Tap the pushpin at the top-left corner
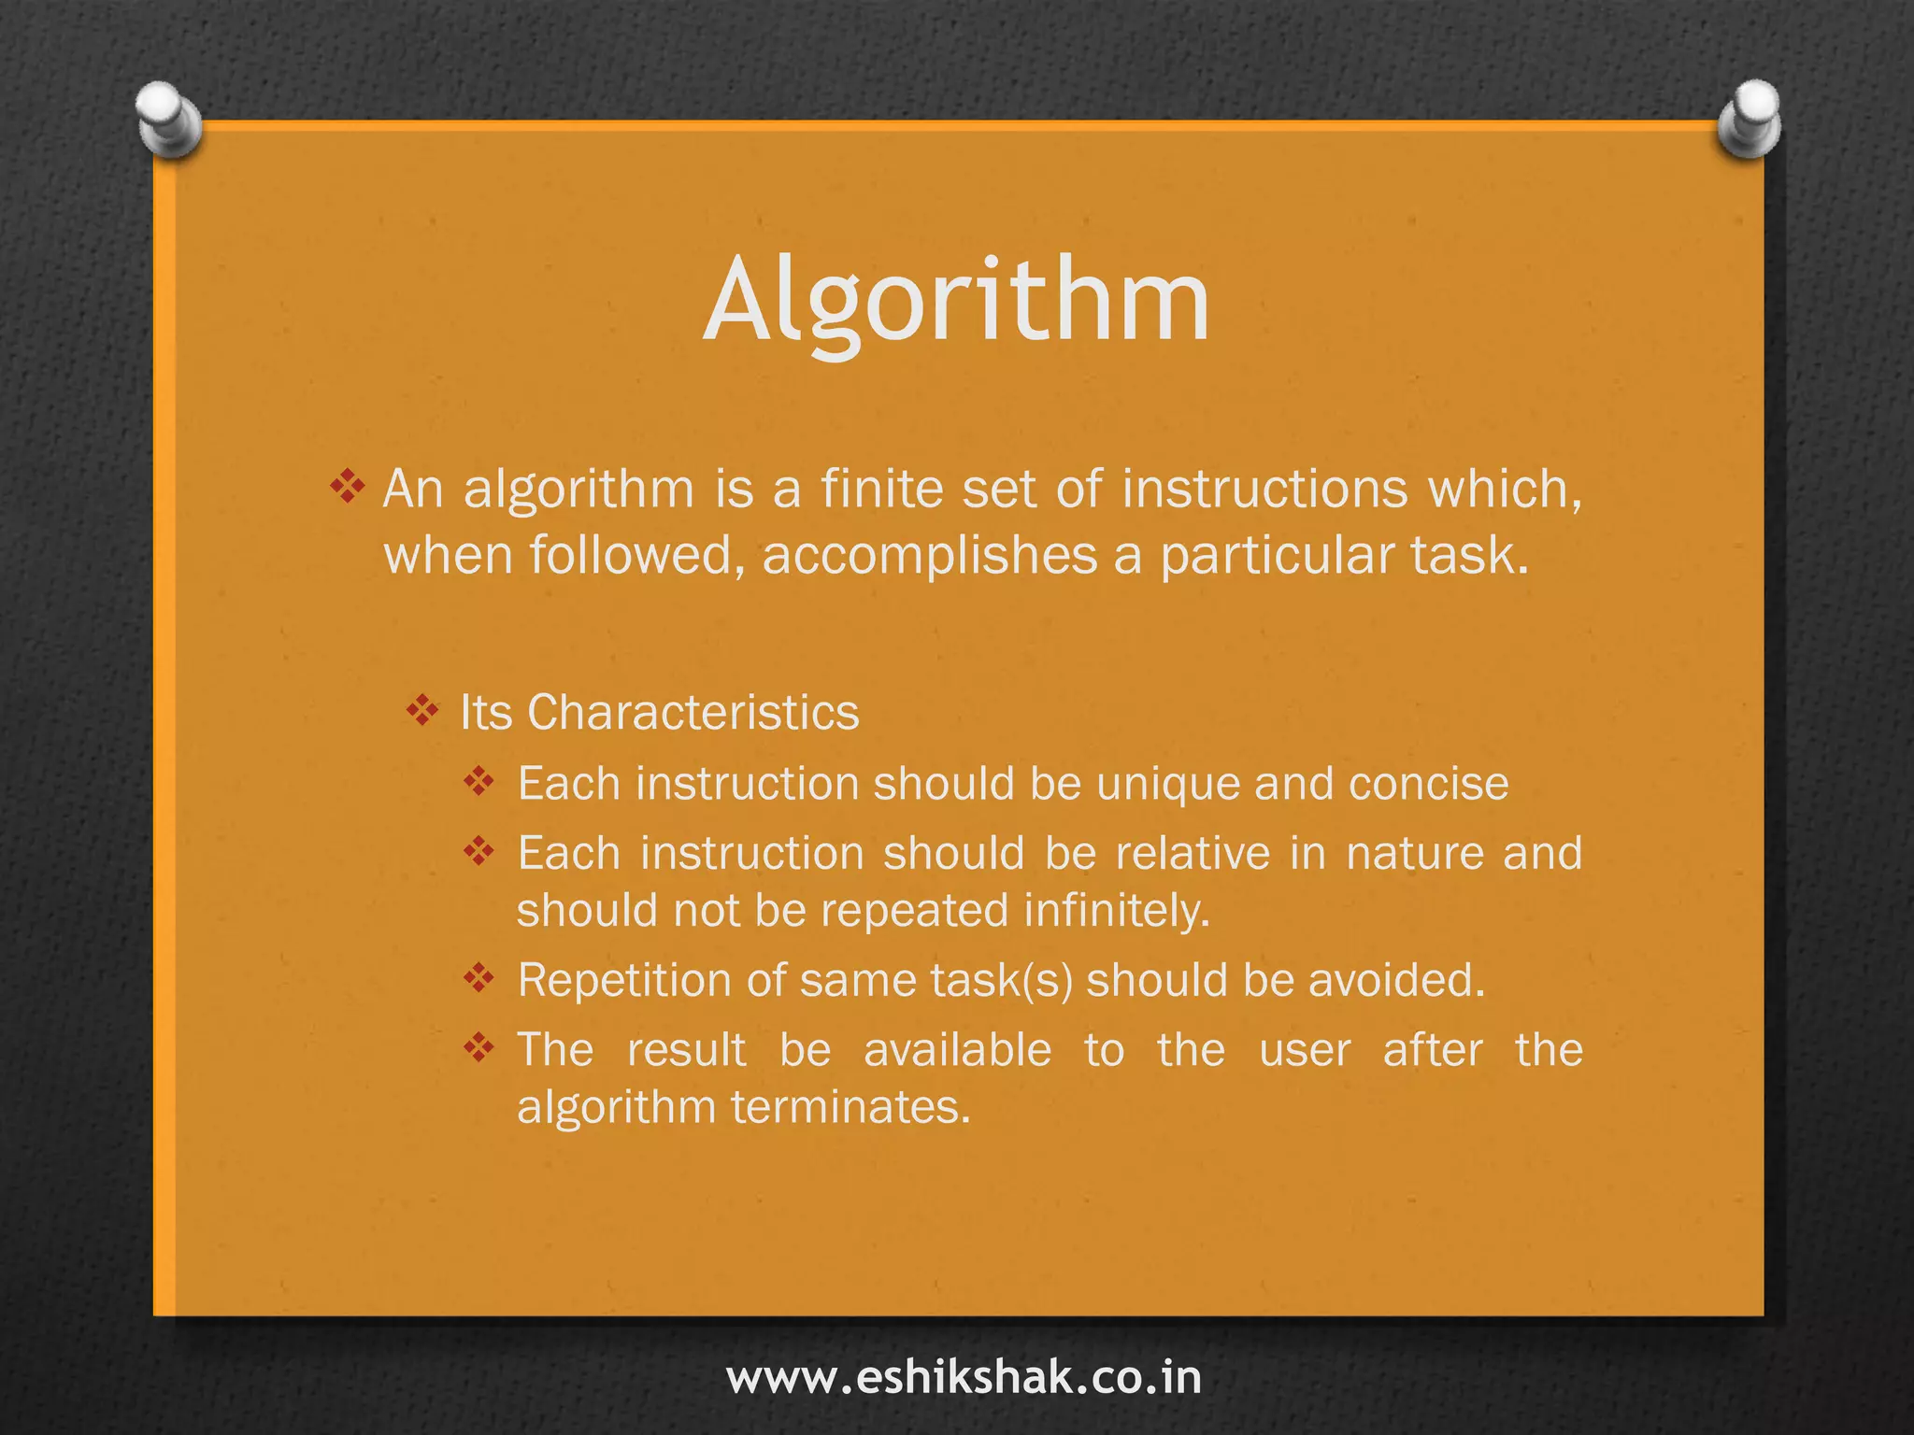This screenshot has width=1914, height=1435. click(169, 121)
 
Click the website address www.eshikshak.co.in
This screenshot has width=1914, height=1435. click(964, 1378)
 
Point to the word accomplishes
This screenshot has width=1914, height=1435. click(929, 555)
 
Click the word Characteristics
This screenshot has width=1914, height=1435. click(693, 713)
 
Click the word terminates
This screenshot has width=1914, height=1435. click(850, 1108)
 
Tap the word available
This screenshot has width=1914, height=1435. click(957, 1050)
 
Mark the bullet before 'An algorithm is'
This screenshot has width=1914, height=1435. click(347, 487)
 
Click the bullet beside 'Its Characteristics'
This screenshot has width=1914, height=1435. click(422, 711)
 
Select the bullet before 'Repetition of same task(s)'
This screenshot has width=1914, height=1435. click(478, 978)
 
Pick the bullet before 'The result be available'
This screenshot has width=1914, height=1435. click(478, 1048)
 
